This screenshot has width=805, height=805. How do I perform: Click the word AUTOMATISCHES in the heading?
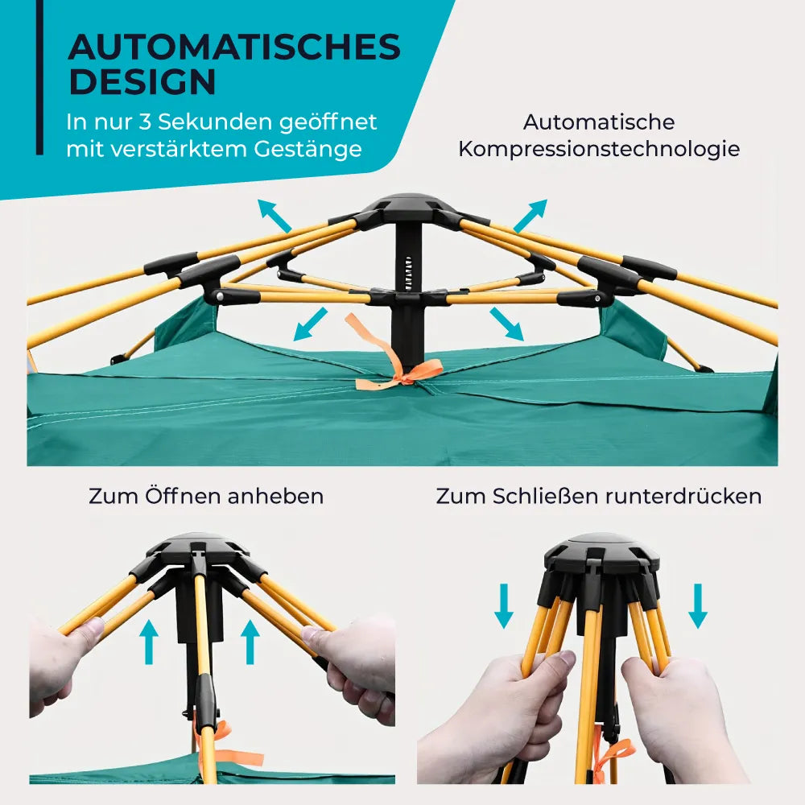click(x=234, y=47)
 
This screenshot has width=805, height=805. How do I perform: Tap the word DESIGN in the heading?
click(x=142, y=81)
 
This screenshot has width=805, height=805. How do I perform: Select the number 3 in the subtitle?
click(x=145, y=122)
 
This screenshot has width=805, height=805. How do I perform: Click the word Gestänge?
click(x=308, y=150)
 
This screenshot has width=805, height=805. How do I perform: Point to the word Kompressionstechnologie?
click(x=599, y=150)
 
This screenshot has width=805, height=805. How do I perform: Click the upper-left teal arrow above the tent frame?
click(x=275, y=216)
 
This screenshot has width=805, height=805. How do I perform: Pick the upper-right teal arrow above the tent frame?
click(x=530, y=216)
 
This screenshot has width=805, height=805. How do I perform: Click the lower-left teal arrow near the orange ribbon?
click(x=310, y=324)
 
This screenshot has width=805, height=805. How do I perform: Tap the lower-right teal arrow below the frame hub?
click(x=506, y=324)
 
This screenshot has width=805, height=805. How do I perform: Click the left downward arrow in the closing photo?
click(x=504, y=606)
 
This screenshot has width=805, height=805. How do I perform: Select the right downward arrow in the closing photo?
click(x=698, y=606)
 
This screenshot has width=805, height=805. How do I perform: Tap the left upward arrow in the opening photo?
click(x=149, y=642)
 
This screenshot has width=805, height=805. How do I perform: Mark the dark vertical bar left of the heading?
click(x=39, y=77)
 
